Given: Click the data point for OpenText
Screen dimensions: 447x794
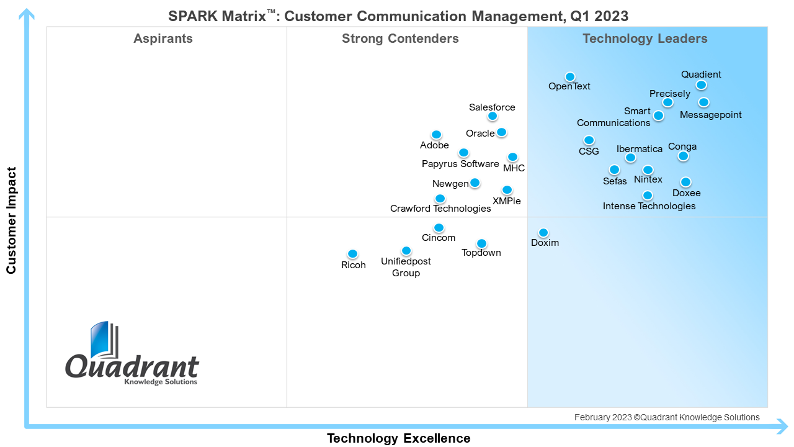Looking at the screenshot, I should tap(570, 77).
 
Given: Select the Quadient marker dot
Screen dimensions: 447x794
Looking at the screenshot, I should tap(701, 85).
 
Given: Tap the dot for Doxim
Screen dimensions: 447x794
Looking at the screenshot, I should tap(543, 233).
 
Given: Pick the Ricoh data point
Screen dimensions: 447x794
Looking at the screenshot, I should tap(352, 254).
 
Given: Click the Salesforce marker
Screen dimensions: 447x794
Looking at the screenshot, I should tap(493, 116).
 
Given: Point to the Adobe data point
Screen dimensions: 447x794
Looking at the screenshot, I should tap(436, 135).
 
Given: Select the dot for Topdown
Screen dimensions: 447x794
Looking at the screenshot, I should tap(481, 243).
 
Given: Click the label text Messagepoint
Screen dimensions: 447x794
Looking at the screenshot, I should tap(710, 115).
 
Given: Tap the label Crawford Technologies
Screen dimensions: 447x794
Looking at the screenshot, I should tap(440, 209).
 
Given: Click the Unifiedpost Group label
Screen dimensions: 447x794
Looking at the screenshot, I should tap(406, 267).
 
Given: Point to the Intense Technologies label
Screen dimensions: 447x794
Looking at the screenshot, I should tap(649, 206).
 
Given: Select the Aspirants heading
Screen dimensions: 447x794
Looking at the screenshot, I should tap(163, 39).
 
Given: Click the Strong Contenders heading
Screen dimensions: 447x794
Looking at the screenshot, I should tap(400, 39).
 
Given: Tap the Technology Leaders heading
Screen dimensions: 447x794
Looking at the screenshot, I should tap(645, 39).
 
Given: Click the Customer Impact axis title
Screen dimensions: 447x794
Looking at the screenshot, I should tap(11, 220).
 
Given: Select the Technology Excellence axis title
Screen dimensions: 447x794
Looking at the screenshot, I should tap(398, 438).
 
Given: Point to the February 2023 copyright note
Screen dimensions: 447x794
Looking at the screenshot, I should tap(666, 417).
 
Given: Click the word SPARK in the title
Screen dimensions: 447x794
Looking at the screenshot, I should tap(193, 16).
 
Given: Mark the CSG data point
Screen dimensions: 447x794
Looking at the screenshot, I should tap(589, 140).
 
